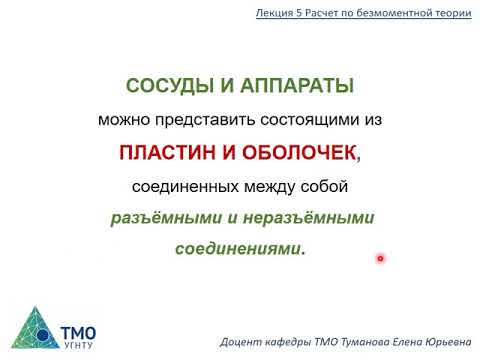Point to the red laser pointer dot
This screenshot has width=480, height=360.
381,259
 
